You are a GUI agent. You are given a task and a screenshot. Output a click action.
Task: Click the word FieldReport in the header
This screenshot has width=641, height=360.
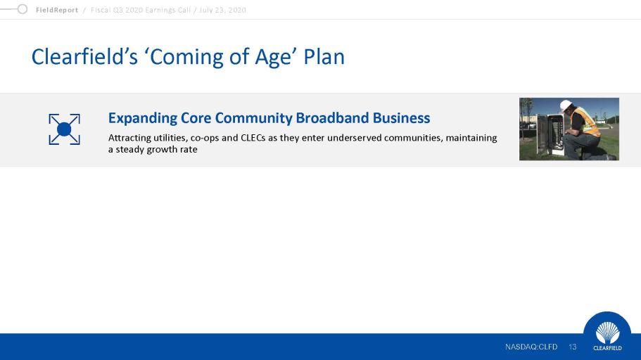pos(57,11)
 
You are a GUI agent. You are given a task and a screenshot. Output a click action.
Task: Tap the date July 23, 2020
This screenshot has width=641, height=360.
pos(222,11)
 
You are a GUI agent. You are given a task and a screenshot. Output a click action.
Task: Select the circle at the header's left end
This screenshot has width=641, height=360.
pos(23,9)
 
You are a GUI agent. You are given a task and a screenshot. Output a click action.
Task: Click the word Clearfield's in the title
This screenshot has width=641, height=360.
pos(84,56)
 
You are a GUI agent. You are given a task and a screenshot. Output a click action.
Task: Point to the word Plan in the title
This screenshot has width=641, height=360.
pos(324,56)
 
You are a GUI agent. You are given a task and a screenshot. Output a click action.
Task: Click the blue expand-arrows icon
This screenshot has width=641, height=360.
pos(64,129)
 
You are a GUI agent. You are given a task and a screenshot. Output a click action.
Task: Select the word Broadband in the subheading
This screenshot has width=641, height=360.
pos(332,117)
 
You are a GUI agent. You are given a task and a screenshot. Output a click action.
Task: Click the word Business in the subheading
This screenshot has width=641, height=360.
pos(401,117)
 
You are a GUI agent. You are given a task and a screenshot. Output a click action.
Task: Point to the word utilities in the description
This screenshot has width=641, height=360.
pos(170,138)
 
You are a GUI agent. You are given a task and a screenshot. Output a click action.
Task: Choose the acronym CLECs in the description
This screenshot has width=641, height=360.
pos(253,138)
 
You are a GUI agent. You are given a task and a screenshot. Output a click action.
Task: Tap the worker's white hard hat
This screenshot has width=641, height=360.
pos(566,105)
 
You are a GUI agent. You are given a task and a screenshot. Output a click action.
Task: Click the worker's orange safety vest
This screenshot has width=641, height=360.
pos(587,122)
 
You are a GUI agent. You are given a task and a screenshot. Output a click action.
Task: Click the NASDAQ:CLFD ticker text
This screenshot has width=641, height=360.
pos(531,347)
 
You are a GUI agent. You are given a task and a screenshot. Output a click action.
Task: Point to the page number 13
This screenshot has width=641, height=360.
pos(572,347)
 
